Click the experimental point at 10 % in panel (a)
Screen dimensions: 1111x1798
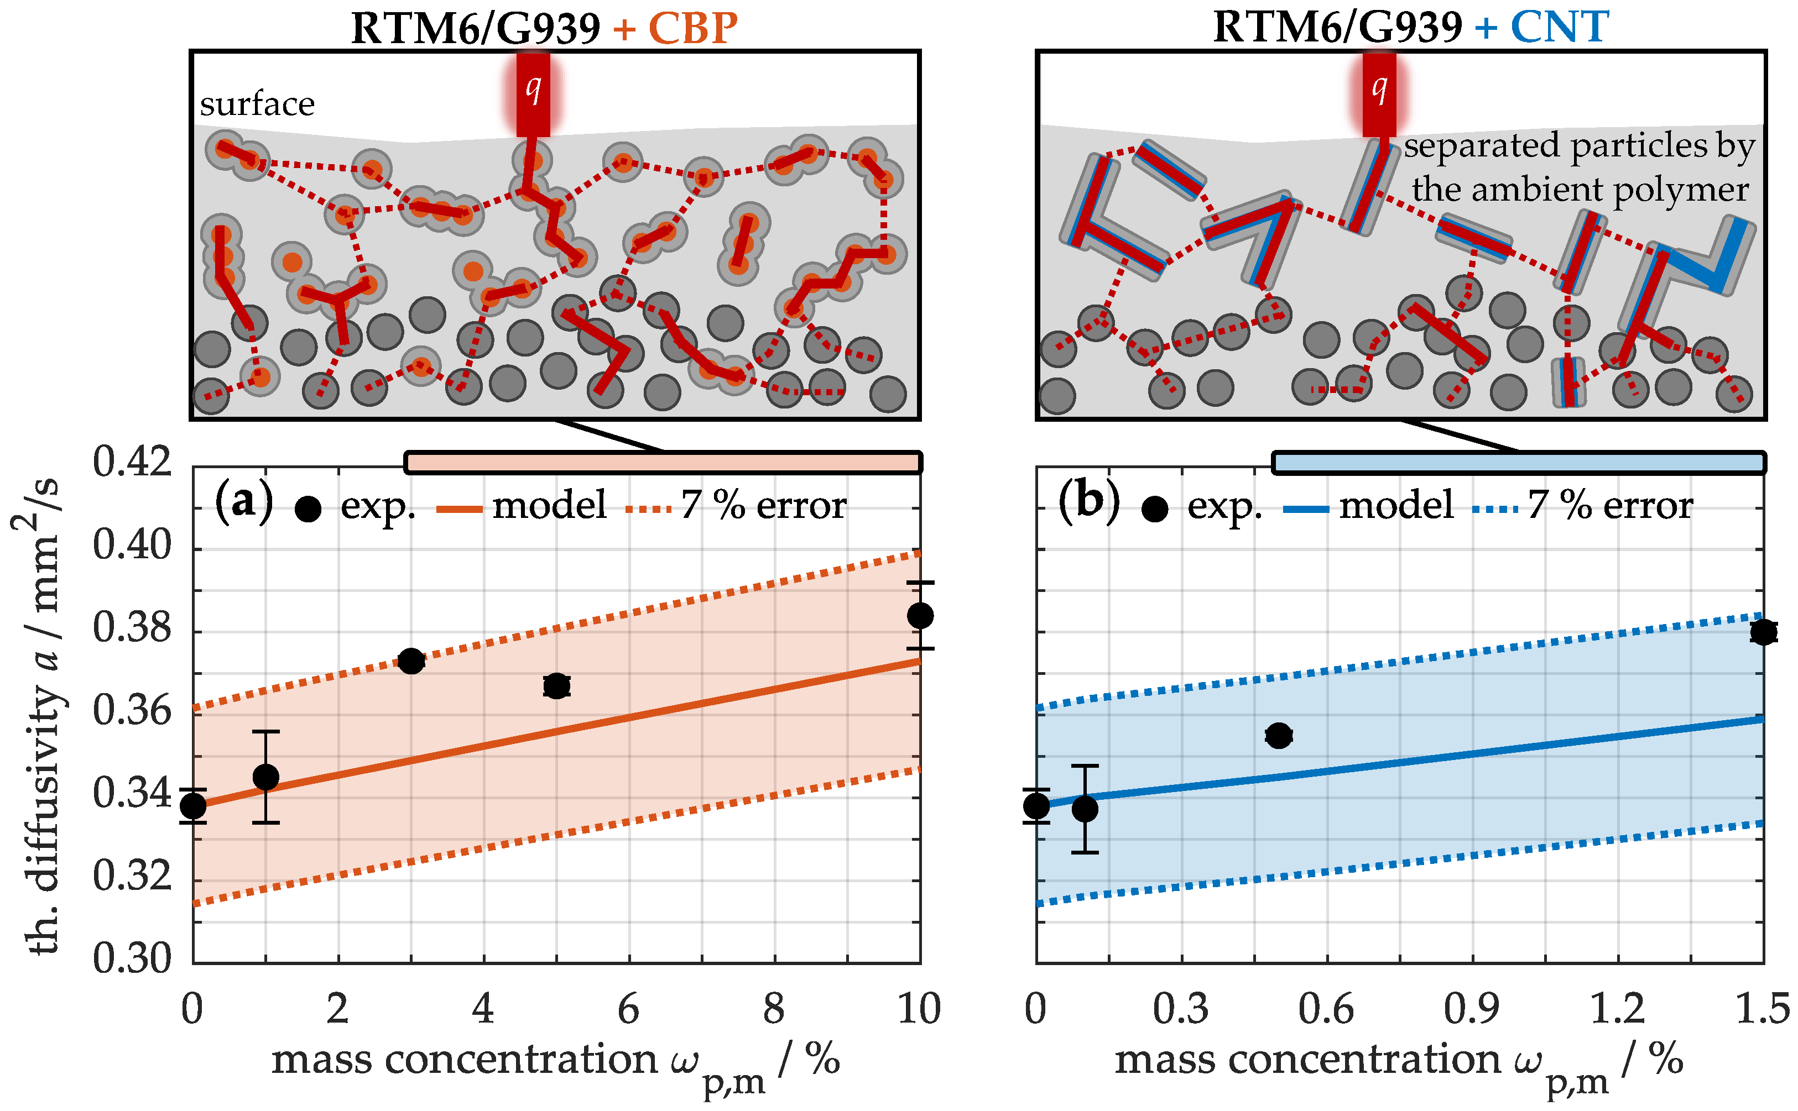[920, 615]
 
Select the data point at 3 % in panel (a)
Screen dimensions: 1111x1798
[411, 661]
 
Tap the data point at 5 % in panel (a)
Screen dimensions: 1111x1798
[556, 685]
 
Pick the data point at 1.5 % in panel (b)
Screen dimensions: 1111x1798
[1763, 631]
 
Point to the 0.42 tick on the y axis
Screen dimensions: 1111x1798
[132, 464]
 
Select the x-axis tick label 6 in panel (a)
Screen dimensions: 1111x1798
[628, 1009]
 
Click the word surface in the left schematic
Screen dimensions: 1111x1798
[257, 104]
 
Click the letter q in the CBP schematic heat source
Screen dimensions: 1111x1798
[533, 88]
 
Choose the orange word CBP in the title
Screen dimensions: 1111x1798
[692, 28]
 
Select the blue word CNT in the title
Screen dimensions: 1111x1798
[1559, 28]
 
